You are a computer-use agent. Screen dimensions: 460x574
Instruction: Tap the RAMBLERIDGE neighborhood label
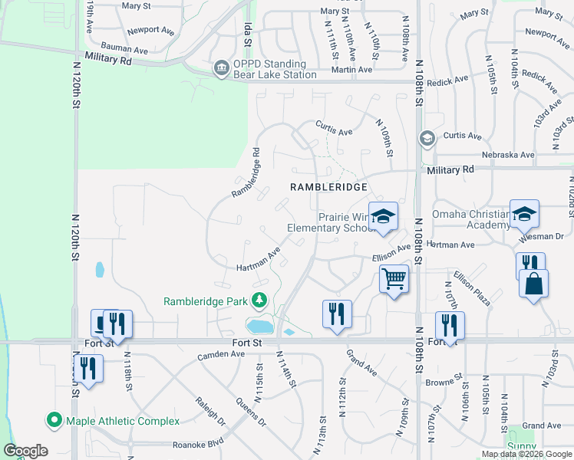(328, 186)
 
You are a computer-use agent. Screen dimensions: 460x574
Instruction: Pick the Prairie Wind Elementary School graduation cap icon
(382, 215)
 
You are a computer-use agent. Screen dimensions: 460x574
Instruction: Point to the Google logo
(25, 451)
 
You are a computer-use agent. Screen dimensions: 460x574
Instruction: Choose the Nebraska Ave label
(506, 154)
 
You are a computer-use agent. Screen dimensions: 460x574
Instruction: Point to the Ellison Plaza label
(471, 287)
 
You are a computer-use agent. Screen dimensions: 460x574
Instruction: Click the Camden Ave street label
(220, 354)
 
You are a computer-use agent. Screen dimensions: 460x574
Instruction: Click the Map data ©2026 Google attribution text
(526, 454)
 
